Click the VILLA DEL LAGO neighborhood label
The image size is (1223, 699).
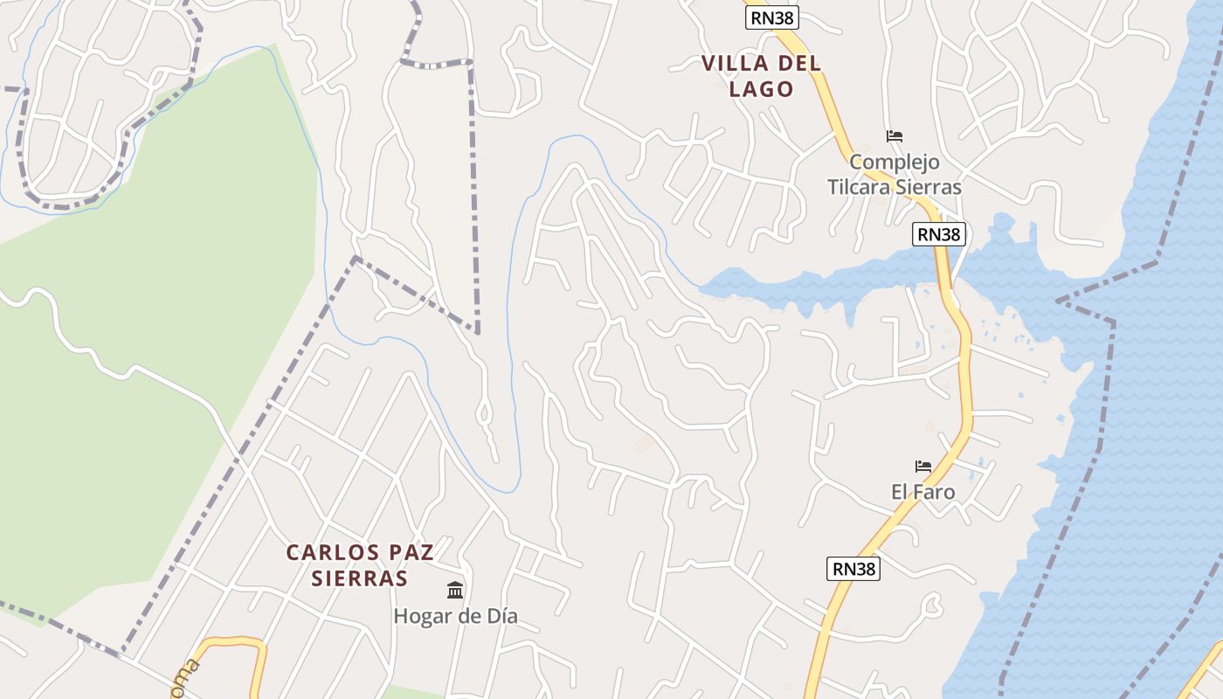pyautogui.click(x=761, y=76)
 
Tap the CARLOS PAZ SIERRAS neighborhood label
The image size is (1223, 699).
pyautogui.click(x=359, y=565)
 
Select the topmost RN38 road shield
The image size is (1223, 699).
pyautogui.click(x=772, y=17)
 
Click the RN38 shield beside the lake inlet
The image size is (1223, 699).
pyautogui.click(x=939, y=234)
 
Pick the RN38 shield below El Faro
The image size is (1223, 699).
pyautogui.click(x=853, y=569)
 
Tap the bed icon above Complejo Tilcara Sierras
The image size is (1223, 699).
pyautogui.click(x=894, y=136)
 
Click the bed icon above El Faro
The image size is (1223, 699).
pyautogui.click(x=922, y=467)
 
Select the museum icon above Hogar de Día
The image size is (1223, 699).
pyautogui.click(x=455, y=591)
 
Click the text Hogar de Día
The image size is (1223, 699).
pyautogui.click(x=455, y=616)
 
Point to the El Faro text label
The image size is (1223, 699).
pyautogui.click(x=922, y=492)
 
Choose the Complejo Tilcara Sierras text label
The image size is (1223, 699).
pyautogui.click(x=894, y=175)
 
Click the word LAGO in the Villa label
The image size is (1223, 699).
pyautogui.click(x=761, y=89)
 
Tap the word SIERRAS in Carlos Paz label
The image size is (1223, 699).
pyautogui.click(x=359, y=578)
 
